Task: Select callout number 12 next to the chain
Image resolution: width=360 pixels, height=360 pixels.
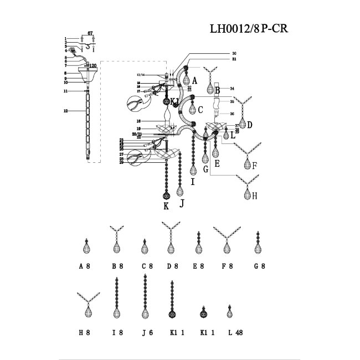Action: point(65,111)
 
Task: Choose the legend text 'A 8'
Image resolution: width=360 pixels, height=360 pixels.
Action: point(84,266)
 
